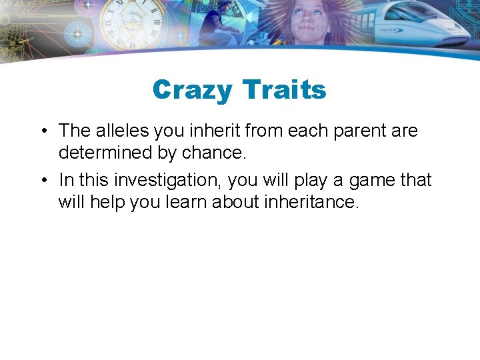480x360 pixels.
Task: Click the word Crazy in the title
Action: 193,89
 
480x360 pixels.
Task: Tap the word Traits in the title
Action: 284,89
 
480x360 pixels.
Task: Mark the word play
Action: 313,180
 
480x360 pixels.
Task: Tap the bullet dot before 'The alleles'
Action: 42,131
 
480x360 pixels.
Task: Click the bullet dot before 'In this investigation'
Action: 42,181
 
